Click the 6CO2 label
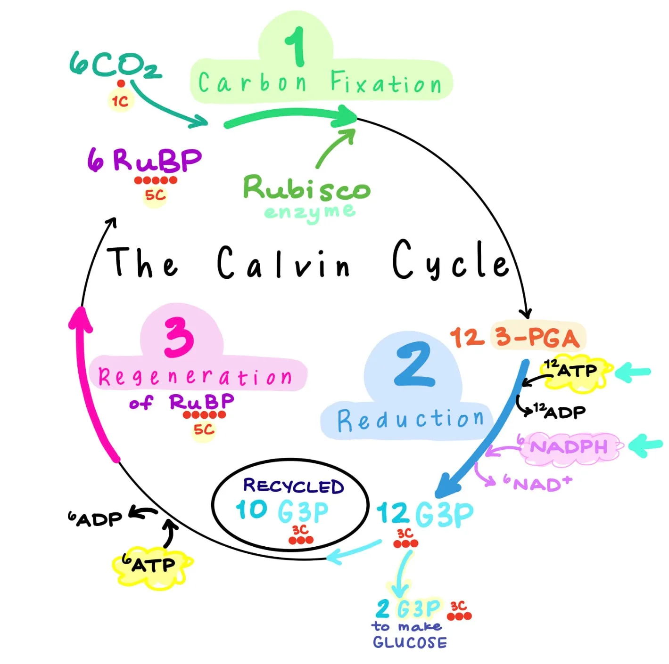coord(115,65)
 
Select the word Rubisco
coord(306,188)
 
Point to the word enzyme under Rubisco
coord(309,212)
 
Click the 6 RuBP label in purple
coord(145,160)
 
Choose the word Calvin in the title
coord(283,263)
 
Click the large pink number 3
coord(179,337)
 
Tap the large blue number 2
coord(413,364)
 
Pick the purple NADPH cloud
coord(570,446)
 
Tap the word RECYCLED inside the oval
coord(293,486)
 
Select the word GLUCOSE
coord(409,642)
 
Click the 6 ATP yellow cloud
coord(151,565)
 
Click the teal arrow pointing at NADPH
coord(646,445)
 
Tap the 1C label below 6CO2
coord(120,101)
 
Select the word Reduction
coord(410,420)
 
